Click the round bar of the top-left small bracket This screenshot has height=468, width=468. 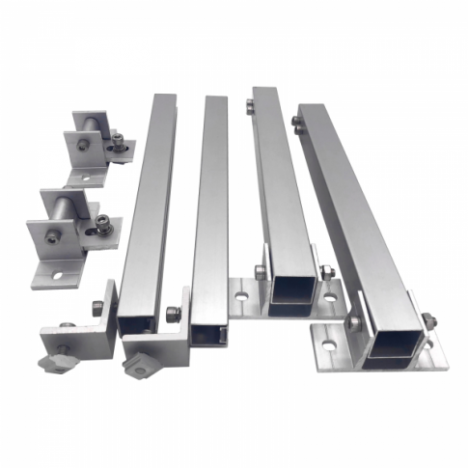(89, 123)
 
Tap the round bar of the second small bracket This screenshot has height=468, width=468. (65, 206)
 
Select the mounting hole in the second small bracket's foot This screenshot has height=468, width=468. (55, 274)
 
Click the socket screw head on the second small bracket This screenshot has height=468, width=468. (100, 229)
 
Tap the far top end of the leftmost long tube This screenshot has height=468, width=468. (163, 99)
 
